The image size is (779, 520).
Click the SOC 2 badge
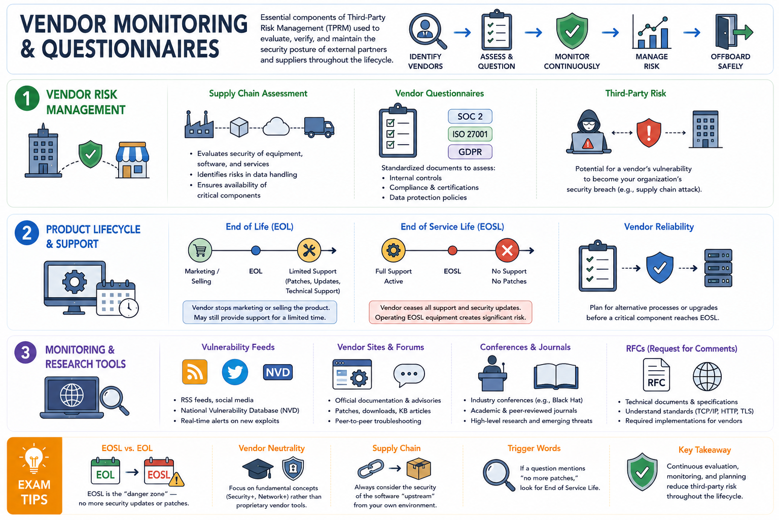470,116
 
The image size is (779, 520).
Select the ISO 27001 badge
470,134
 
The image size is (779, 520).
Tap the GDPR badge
470,152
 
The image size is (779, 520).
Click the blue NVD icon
277,372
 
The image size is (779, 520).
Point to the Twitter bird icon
235,372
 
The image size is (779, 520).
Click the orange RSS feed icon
195,372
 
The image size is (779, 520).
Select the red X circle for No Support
507,250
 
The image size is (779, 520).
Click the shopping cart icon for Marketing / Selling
200,250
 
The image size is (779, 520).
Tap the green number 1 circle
27,98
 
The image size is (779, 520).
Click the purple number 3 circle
25,352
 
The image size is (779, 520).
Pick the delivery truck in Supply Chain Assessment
319,127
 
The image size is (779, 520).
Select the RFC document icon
656,375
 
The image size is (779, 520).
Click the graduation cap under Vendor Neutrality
258,469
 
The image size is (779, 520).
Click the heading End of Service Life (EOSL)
452,226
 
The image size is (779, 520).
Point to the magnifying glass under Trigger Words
499,475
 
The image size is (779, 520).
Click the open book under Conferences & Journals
556,376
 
